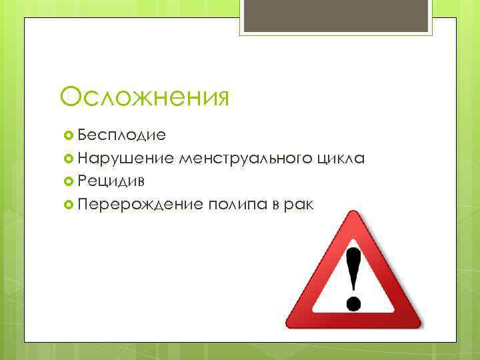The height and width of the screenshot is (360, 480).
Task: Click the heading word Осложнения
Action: pyautogui.click(x=145, y=96)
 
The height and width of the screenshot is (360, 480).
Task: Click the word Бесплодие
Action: pyautogui.click(x=121, y=135)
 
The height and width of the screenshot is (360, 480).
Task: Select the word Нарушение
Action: pyautogui.click(x=125, y=158)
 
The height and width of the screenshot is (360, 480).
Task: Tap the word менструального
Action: pyautogui.click(x=243, y=158)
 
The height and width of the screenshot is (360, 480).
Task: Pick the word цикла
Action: pyautogui.click(x=341, y=158)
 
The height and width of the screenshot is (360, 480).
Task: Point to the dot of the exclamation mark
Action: pyautogui.click(x=354, y=304)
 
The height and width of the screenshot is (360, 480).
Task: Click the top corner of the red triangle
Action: pyautogui.click(x=353, y=213)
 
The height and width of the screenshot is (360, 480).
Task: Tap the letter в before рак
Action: pyautogui.click(x=275, y=203)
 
